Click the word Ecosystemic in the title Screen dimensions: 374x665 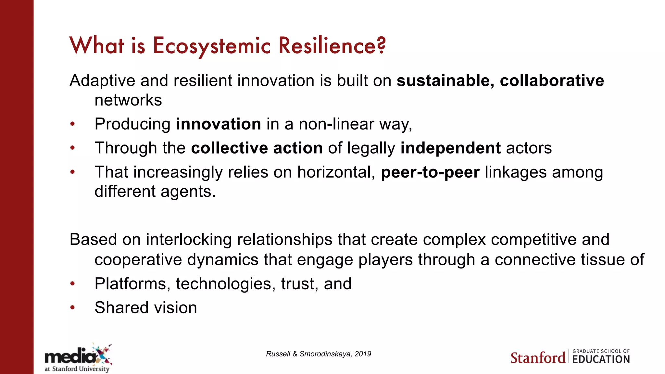[x=212, y=46]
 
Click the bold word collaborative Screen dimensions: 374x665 [x=552, y=81]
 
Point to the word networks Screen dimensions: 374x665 [x=128, y=100]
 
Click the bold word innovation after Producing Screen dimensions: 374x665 [x=218, y=124]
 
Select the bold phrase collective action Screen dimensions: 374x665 [x=257, y=148]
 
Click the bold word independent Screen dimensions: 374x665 [x=450, y=148]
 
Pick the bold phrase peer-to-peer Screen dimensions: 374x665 [x=430, y=172]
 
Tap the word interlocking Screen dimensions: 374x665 [x=189, y=240]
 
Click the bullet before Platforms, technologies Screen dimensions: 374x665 [x=73, y=284]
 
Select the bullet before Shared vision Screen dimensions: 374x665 [x=73, y=308]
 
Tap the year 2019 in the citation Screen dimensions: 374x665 [x=363, y=354]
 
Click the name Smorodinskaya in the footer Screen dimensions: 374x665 [x=325, y=354]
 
